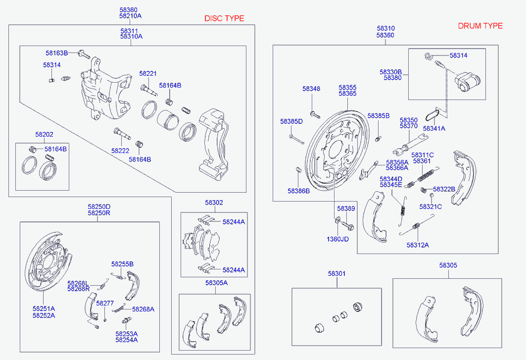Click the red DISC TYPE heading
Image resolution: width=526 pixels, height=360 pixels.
click(x=224, y=18)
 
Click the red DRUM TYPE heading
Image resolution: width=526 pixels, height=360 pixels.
click(x=480, y=26)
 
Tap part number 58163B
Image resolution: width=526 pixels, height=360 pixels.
click(x=57, y=53)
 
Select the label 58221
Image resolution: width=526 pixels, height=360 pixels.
click(x=148, y=74)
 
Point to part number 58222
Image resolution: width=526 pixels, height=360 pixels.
click(x=120, y=151)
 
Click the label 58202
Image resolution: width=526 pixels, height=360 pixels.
click(x=44, y=134)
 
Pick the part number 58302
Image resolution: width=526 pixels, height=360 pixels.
click(x=214, y=203)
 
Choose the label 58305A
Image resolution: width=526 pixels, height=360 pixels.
click(x=216, y=283)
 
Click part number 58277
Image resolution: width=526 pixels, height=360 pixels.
click(x=105, y=303)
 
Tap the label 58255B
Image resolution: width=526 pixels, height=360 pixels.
click(x=122, y=264)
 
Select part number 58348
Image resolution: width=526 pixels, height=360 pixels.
click(x=311, y=89)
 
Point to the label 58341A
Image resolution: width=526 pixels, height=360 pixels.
click(x=434, y=128)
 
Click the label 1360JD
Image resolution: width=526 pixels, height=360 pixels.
click(x=337, y=239)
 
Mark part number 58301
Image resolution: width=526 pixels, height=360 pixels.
click(x=337, y=274)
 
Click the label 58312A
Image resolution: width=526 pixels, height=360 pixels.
click(x=418, y=245)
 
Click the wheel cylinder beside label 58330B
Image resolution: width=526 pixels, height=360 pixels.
click(x=467, y=81)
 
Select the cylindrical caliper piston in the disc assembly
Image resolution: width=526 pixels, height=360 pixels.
click(x=168, y=119)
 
